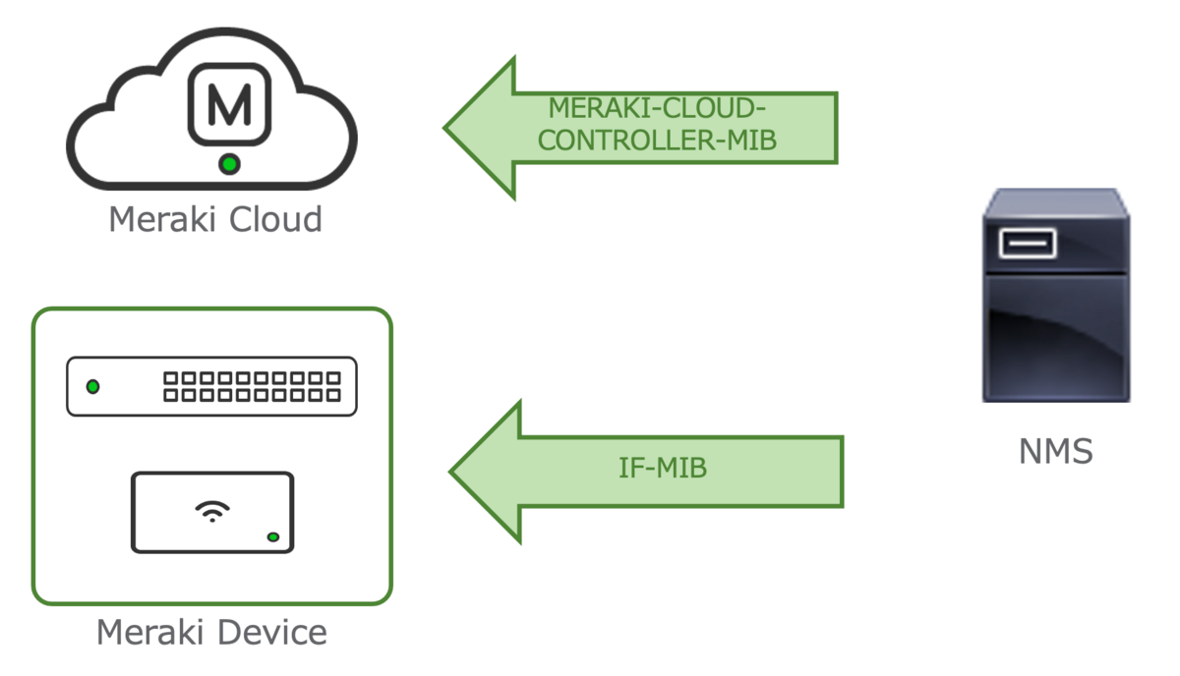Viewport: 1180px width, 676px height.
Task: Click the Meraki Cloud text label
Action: coord(214,218)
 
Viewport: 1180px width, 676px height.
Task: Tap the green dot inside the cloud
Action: coord(229,164)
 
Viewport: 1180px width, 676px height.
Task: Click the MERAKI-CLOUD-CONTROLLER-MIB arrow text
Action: coord(658,125)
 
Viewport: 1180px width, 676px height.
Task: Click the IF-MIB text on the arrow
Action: coord(663,469)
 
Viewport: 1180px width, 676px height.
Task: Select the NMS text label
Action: coord(1055,452)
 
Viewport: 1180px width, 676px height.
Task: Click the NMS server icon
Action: coord(1055,295)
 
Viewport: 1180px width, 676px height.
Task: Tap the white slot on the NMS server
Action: coord(1027,243)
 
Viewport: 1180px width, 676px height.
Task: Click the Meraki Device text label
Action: coord(211,632)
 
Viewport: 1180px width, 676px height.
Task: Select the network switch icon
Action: coord(211,386)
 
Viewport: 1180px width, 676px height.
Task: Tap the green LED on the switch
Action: coord(92,386)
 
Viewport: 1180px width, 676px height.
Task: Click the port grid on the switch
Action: coord(251,386)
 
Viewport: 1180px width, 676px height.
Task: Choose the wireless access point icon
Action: coord(212,512)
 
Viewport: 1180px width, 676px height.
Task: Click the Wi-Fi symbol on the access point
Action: coord(212,510)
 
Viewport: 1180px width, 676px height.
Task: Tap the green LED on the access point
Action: coord(272,536)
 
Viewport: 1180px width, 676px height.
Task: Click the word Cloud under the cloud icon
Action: coord(276,218)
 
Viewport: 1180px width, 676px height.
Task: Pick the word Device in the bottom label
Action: coord(273,632)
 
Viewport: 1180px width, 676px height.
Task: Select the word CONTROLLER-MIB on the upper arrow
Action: coord(658,141)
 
